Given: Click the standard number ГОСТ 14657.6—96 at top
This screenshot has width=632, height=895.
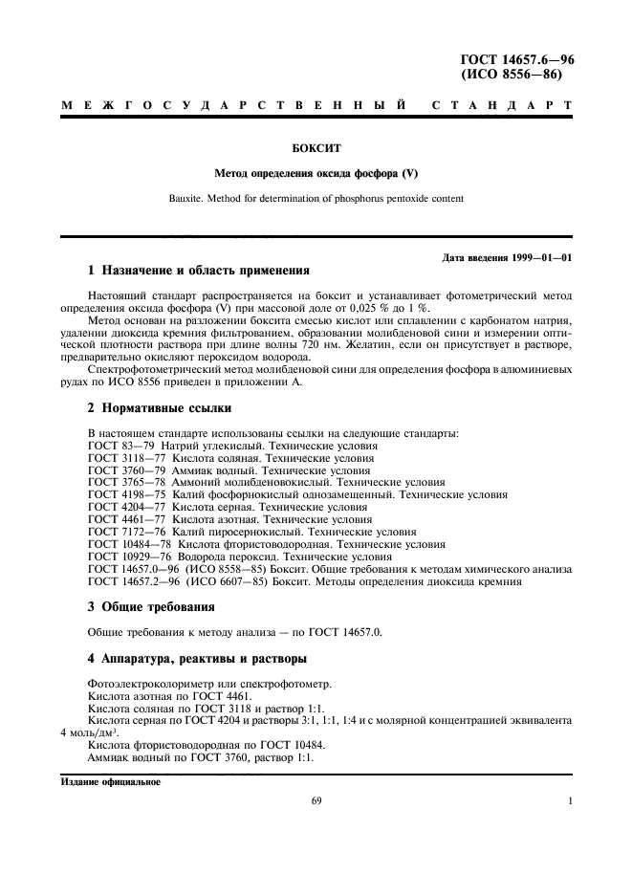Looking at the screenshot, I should [517, 59].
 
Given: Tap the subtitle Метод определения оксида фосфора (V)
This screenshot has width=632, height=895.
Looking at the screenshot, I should [316, 174].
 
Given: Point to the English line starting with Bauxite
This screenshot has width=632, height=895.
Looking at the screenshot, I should [316, 199].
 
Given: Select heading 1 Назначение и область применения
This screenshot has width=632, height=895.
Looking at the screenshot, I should [199, 271].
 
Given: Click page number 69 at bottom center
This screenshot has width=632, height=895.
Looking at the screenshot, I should [316, 802].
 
